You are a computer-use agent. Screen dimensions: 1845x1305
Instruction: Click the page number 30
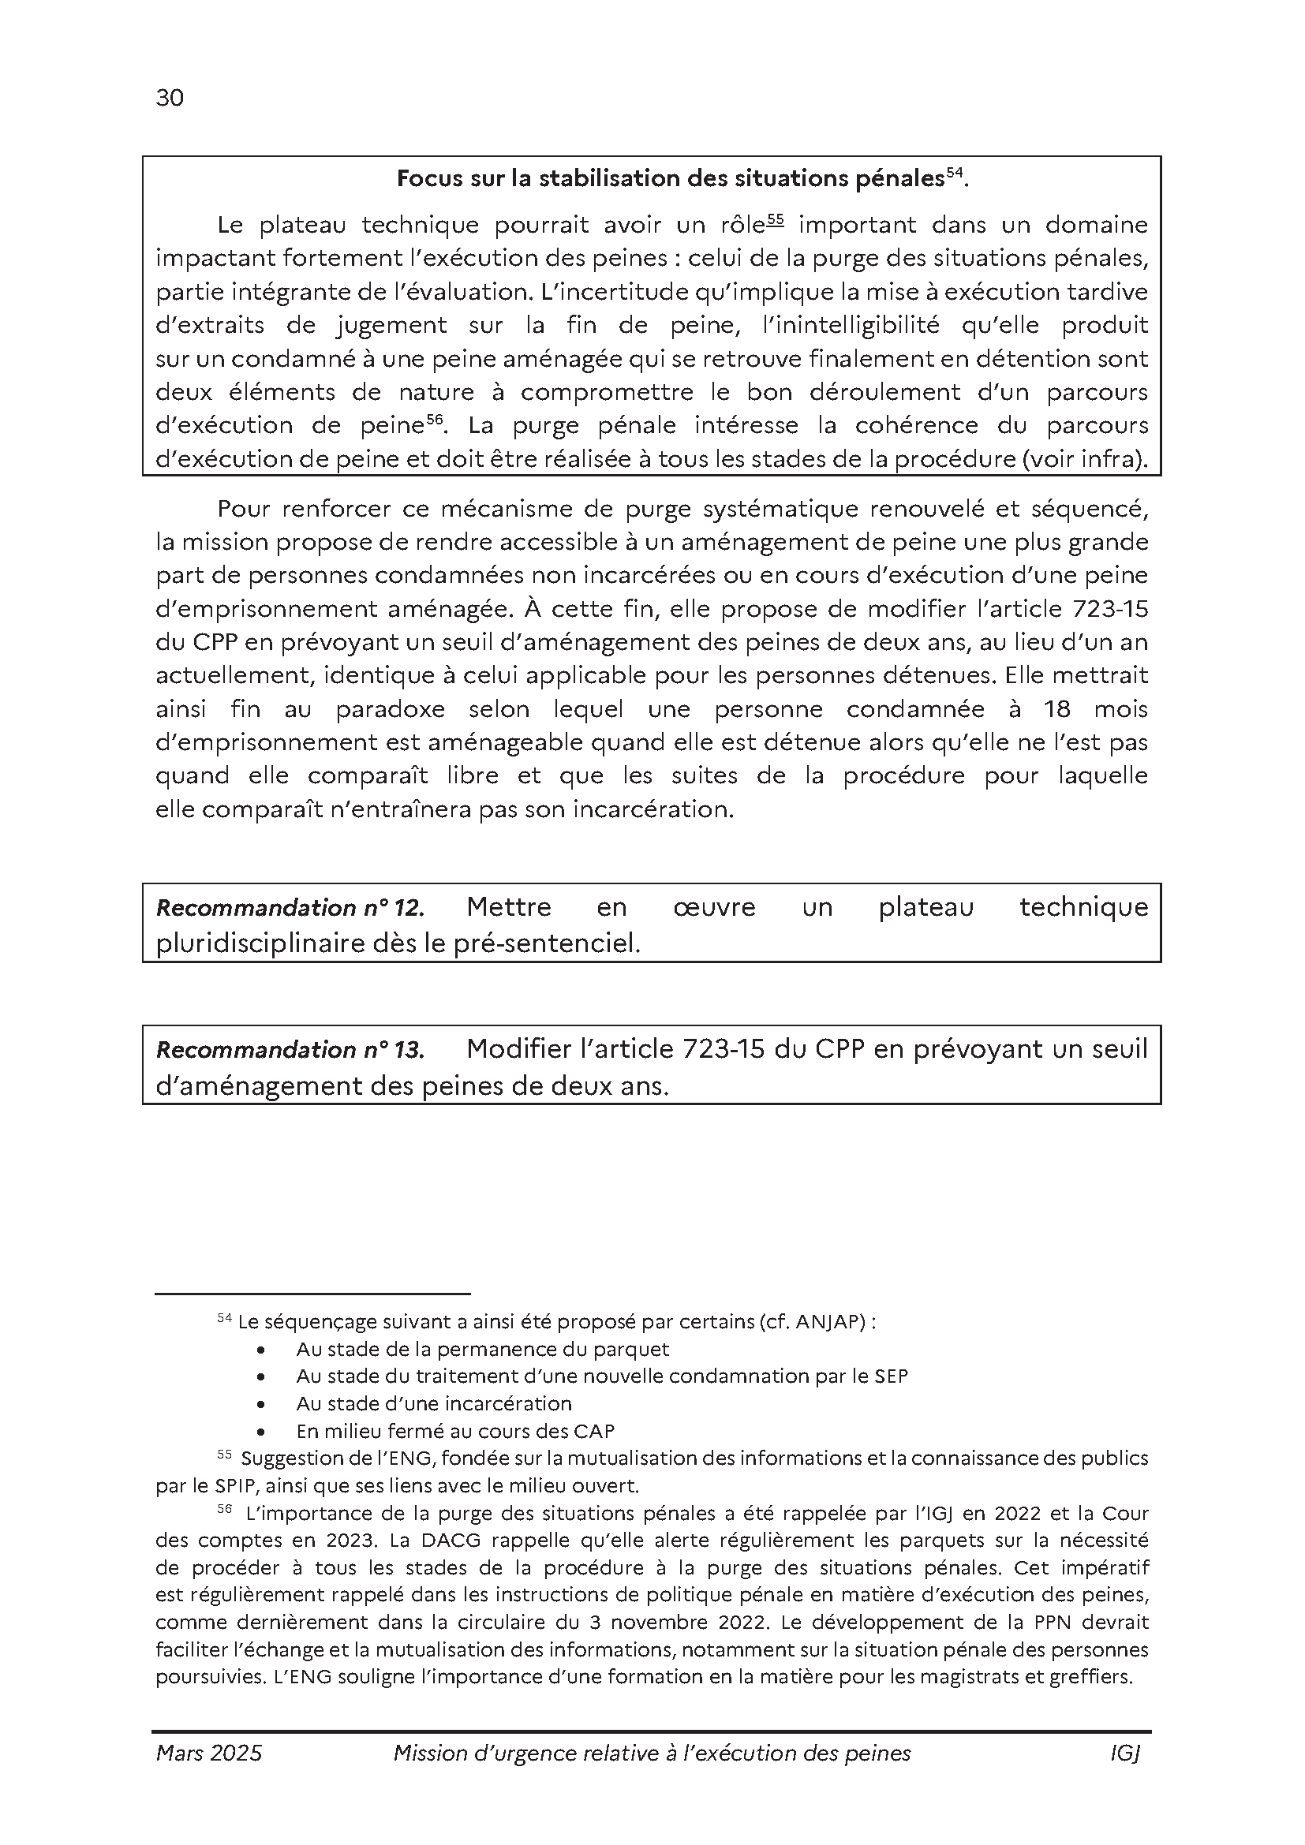pyautogui.click(x=170, y=98)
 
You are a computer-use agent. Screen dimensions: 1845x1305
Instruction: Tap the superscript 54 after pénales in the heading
pyautogui.click(x=954, y=173)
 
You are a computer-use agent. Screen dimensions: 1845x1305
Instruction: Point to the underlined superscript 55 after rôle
pyautogui.click(x=775, y=218)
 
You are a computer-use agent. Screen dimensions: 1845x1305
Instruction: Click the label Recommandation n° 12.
pyautogui.click(x=290, y=908)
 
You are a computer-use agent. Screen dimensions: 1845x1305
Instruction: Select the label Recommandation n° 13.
pyautogui.click(x=290, y=1050)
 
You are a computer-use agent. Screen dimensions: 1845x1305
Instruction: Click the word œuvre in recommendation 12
pyautogui.click(x=713, y=907)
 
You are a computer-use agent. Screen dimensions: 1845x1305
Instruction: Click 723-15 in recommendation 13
pyautogui.click(x=723, y=1049)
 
